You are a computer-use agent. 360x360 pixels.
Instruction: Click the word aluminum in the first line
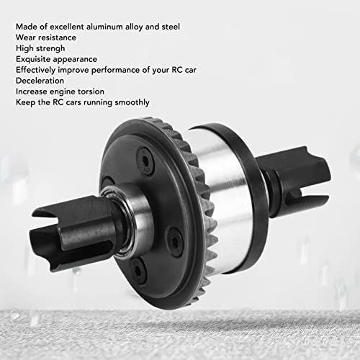[x=104, y=27]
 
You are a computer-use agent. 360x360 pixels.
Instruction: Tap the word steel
[x=171, y=27]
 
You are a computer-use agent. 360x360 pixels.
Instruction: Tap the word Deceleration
[x=40, y=81]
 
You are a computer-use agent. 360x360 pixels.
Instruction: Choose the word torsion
[x=91, y=91]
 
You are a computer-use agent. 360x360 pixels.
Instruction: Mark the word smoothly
[x=132, y=103]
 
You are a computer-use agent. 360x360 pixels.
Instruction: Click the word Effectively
[x=36, y=71]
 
